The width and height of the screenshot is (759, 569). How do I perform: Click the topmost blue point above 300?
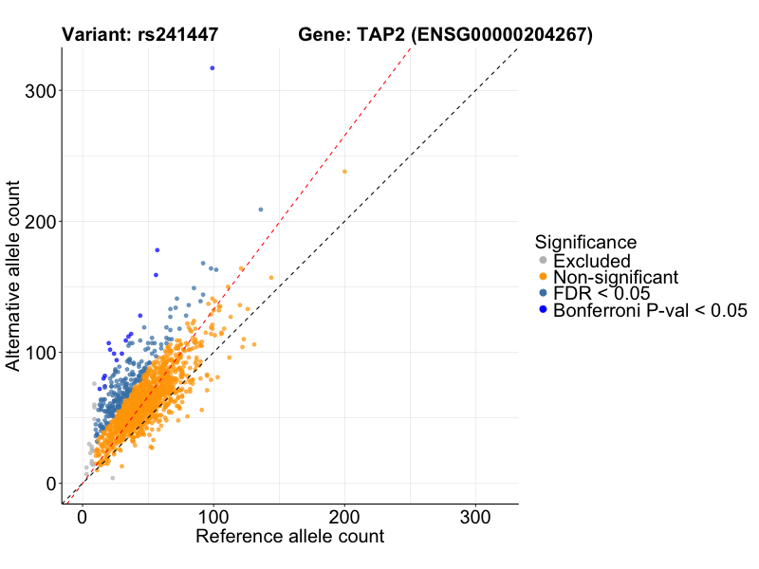point(213,68)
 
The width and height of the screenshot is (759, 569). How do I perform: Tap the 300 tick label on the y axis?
point(39,90)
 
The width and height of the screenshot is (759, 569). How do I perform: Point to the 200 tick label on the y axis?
point(39,221)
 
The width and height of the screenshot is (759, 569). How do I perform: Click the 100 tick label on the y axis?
point(39,352)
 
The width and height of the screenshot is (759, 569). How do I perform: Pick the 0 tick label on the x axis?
point(83,518)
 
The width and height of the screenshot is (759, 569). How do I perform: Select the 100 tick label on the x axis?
point(213,518)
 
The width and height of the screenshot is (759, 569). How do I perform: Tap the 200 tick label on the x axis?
point(344,518)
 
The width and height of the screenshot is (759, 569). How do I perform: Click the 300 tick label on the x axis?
point(475,518)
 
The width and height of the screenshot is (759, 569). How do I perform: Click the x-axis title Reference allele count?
point(289,537)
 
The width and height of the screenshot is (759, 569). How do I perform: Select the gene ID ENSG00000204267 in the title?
point(502,35)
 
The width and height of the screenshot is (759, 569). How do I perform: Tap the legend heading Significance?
point(585,242)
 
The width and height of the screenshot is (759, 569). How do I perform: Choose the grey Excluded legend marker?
point(543,261)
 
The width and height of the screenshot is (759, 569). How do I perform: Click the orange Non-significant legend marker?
point(543,277)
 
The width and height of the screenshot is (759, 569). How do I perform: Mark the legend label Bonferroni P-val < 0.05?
point(651,310)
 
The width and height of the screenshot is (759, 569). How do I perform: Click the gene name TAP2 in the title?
point(380,35)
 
